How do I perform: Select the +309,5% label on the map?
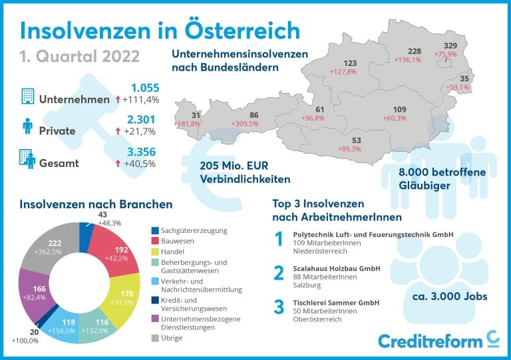245,124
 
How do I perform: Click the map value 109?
399,109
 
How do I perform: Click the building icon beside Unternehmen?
27,97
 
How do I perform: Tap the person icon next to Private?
27,127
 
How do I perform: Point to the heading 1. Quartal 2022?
81,55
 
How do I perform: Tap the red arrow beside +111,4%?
118,100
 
